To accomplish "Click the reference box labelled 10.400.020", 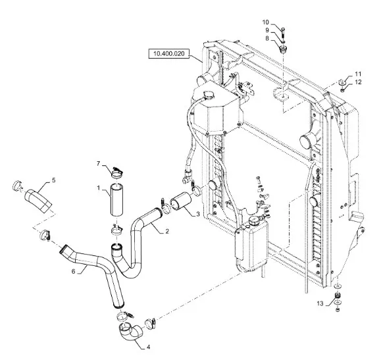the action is tap(169, 53).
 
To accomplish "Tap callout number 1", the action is tap(99, 188).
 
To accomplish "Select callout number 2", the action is tap(167, 231).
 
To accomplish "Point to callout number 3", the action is tap(198, 214).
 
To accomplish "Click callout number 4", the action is tap(148, 347).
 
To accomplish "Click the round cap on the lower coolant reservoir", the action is tap(254, 221).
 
